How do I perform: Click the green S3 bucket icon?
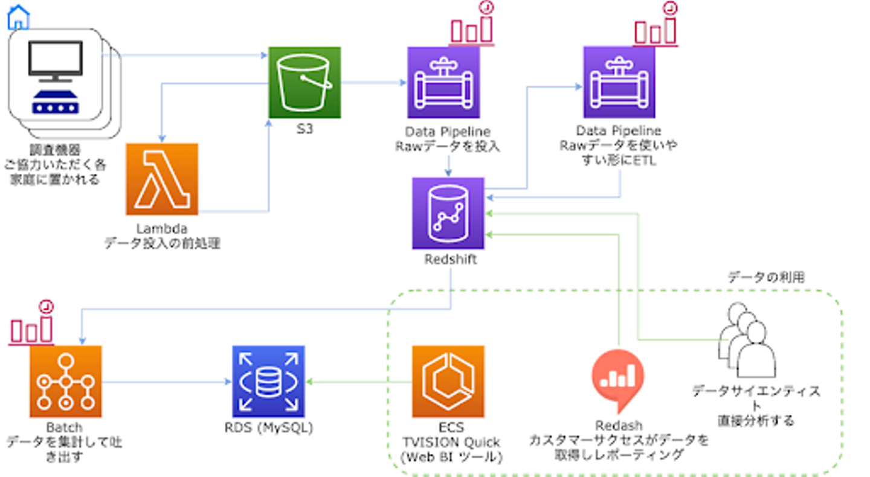tap(304, 82)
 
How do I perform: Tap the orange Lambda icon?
tap(162, 179)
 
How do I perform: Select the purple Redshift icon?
tap(448, 213)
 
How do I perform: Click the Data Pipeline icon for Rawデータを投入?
tap(443, 82)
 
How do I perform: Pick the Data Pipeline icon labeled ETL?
tap(619, 82)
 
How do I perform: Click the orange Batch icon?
tap(65, 381)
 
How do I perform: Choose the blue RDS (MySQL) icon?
tap(268, 381)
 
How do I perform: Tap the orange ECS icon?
tap(448, 381)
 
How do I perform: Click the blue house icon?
tap(18, 17)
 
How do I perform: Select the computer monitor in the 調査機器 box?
tap(56, 60)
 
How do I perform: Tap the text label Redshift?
tap(449, 260)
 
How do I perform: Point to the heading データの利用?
tap(765, 277)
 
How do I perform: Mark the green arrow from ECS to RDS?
tap(359, 382)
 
